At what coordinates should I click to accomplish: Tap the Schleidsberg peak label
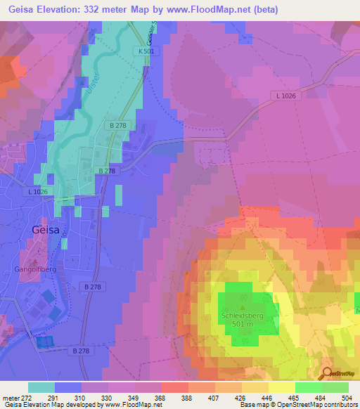[x=243, y=316]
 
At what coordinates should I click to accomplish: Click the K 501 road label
[x=146, y=51]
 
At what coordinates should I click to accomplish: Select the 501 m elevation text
[x=243, y=325]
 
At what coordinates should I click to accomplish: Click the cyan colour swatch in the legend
[x=41, y=387]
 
